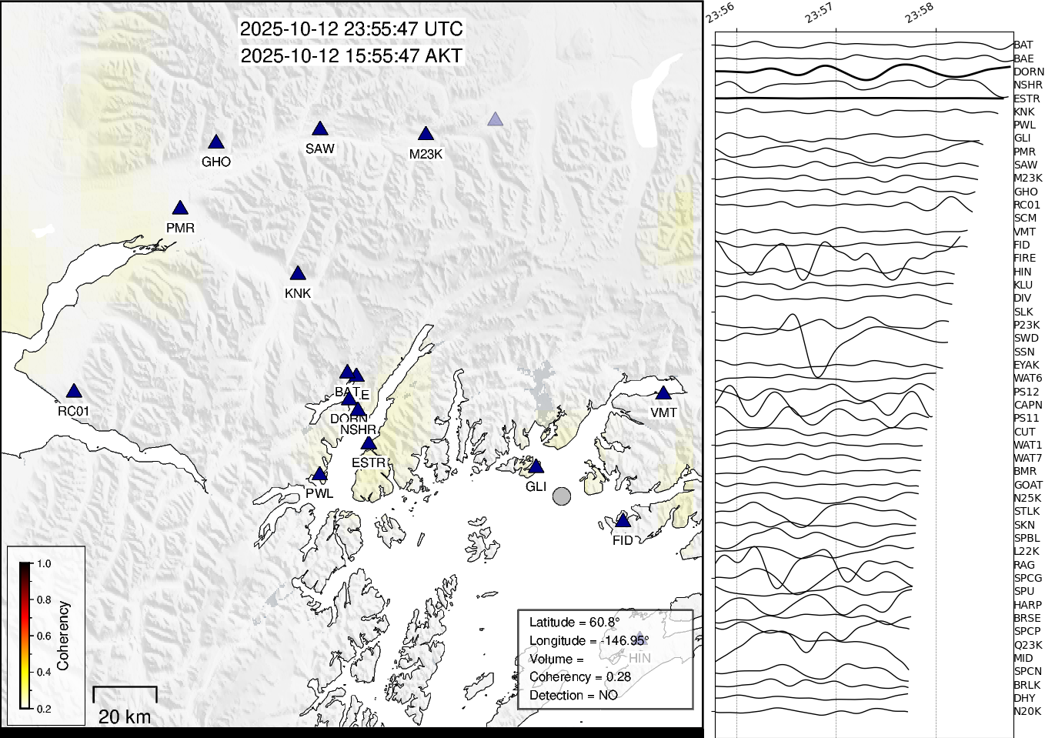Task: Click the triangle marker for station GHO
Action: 216,142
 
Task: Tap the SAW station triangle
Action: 320,129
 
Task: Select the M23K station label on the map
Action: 426,154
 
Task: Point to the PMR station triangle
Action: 180,209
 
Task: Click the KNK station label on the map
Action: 298,293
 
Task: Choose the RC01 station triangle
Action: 73,392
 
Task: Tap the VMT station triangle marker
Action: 663,393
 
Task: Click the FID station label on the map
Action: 623,540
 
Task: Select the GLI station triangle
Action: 536,467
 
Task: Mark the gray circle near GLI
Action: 562,496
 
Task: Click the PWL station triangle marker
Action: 319,474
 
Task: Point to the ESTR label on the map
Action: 369,463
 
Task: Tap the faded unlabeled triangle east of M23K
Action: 496,119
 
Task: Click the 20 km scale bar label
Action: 125,716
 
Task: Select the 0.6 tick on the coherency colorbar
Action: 44,636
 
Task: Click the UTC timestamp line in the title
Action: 352,29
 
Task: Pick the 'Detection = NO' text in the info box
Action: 573,695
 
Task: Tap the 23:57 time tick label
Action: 820,13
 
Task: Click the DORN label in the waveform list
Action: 1028,72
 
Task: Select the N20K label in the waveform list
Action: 1027,711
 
